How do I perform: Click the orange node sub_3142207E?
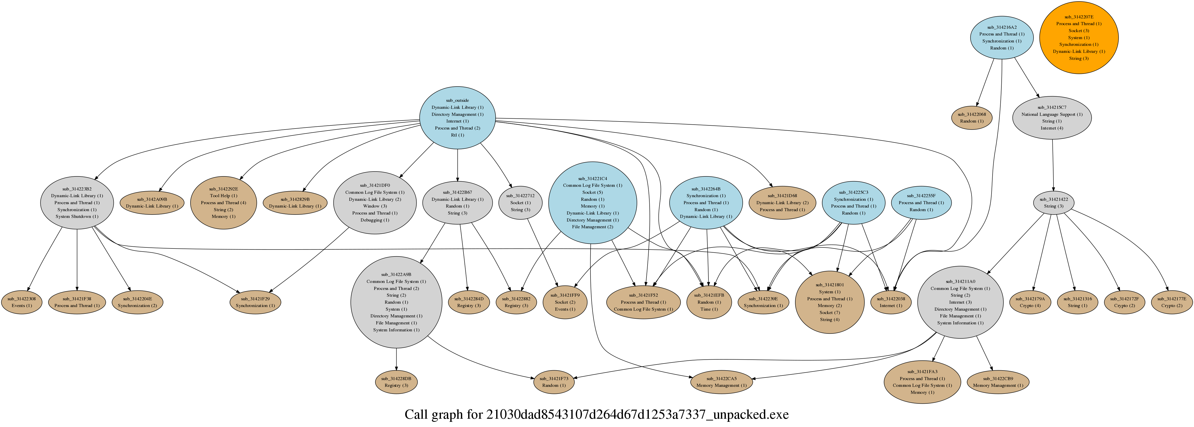pos(1079,38)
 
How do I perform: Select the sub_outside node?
pos(458,118)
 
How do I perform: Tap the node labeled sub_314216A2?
pos(1002,38)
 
